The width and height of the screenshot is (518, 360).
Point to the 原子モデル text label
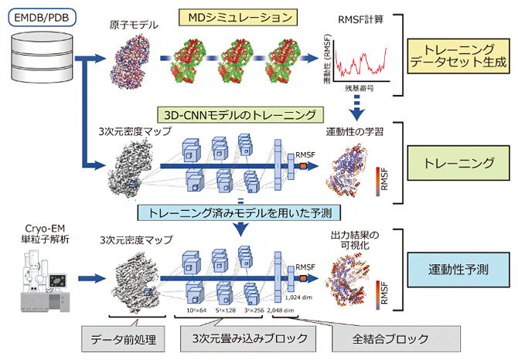133,25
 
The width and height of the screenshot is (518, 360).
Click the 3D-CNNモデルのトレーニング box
237,115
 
